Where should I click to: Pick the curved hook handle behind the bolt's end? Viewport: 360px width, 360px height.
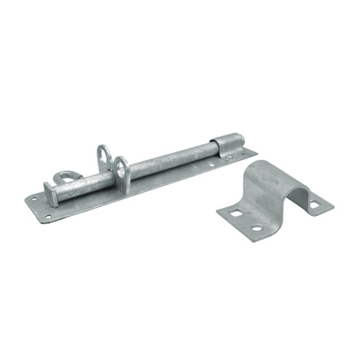pyautogui.click(x=67, y=175)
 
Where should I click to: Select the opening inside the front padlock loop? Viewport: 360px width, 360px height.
pyautogui.click(x=122, y=170)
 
